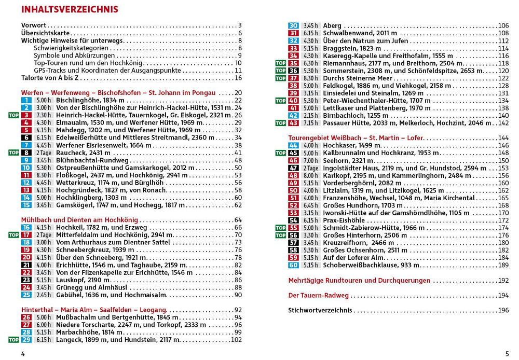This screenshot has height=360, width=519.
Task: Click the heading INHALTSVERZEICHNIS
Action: point(70,9)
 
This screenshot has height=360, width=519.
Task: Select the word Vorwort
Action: point(34,25)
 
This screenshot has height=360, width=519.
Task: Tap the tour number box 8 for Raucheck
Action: point(26,153)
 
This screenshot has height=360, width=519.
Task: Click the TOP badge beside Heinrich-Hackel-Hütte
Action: point(14,115)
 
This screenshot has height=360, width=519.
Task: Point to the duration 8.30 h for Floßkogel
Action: point(44,175)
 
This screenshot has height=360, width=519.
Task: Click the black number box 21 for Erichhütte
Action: point(26,265)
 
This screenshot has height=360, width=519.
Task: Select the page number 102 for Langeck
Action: point(236,340)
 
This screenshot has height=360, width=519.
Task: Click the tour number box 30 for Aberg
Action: point(294,25)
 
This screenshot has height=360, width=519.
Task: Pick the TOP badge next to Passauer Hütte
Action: point(281,123)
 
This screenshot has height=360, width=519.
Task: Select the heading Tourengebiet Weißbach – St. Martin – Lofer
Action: point(356,138)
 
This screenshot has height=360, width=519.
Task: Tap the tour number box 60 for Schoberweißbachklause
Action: point(294,266)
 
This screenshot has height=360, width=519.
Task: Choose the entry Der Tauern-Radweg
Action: point(318,296)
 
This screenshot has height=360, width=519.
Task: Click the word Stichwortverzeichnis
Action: point(320,311)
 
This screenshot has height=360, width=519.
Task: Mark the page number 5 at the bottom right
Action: point(507,354)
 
